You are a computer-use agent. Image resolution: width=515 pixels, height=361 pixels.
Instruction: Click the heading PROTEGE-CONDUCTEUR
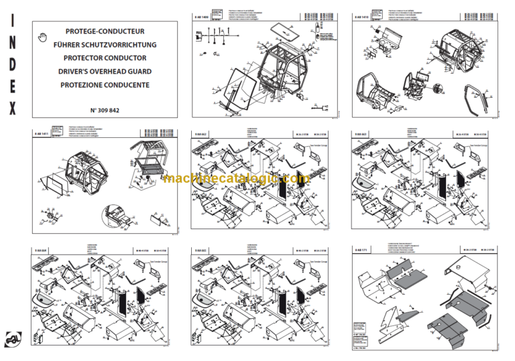(x=105, y=31)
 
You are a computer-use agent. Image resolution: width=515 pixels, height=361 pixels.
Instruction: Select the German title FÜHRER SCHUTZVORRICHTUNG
(x=105, y=45)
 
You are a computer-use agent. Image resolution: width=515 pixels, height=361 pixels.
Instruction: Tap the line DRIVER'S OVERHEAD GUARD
(x=105, y=72)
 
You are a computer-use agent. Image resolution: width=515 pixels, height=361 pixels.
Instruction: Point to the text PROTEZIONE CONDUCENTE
(x=105, y=85)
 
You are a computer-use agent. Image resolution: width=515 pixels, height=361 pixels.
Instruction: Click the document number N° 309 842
(x=105, y=109)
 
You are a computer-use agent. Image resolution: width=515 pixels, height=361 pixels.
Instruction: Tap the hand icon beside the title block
(x=44, y=33)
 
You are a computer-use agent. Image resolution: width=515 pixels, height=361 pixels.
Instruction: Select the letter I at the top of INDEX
(x=12, y=20)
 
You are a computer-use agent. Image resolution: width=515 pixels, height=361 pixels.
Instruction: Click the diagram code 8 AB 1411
(x=42, y=136)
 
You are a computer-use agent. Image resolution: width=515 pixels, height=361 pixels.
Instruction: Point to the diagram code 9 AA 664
(x=42, y=249)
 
